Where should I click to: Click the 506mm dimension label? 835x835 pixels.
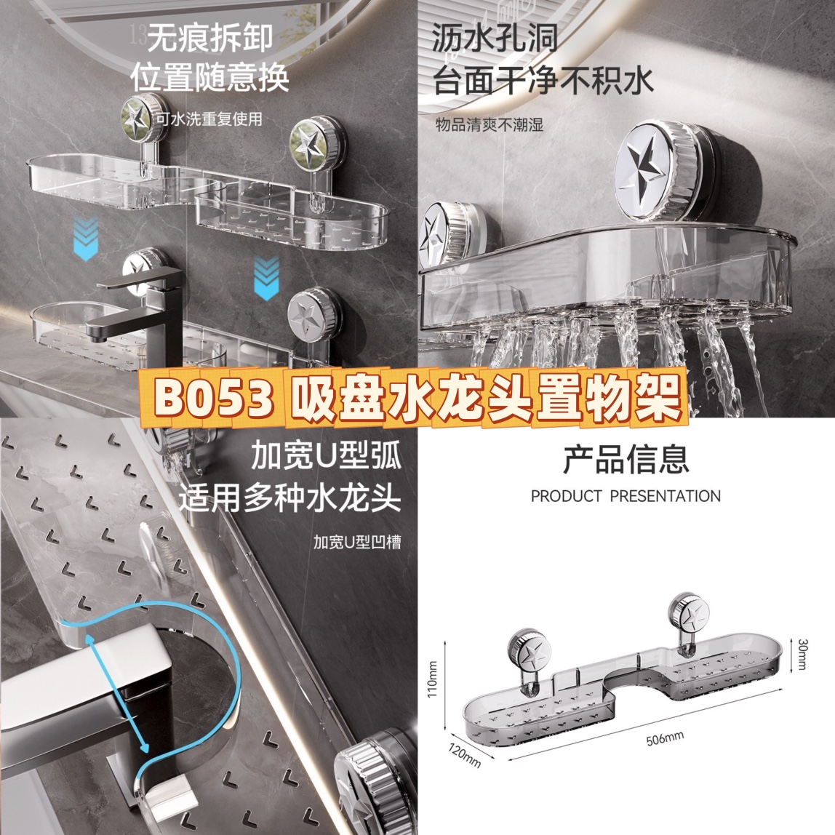coord(665,738)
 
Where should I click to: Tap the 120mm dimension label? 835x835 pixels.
coord(464,756)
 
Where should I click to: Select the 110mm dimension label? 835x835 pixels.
coord(432,679)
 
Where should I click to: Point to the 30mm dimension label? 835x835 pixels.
coord(803,655)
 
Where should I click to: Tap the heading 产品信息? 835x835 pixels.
coord(626,460)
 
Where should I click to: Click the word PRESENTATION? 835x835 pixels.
coord(665,496)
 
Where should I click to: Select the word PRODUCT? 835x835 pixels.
coord(566,496)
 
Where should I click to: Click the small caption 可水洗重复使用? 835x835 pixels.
coord(209,119)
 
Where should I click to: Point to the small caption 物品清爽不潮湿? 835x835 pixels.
coord(490,124)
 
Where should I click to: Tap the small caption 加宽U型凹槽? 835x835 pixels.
coord(357,542)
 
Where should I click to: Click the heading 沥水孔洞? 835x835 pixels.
coord(494,39)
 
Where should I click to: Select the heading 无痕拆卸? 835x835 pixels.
coord(209,37)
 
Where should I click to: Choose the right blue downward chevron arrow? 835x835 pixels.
coord(266,278)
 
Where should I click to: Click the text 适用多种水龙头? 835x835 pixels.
coord(289,499)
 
